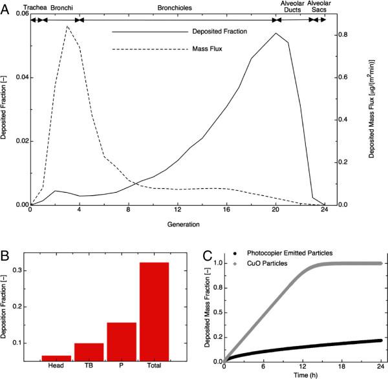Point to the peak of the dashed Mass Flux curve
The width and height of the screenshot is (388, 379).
click(67, 27)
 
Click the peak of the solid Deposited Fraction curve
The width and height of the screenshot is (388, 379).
click(276, 33)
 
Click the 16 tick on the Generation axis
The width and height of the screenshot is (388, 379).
click(227, 212)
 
